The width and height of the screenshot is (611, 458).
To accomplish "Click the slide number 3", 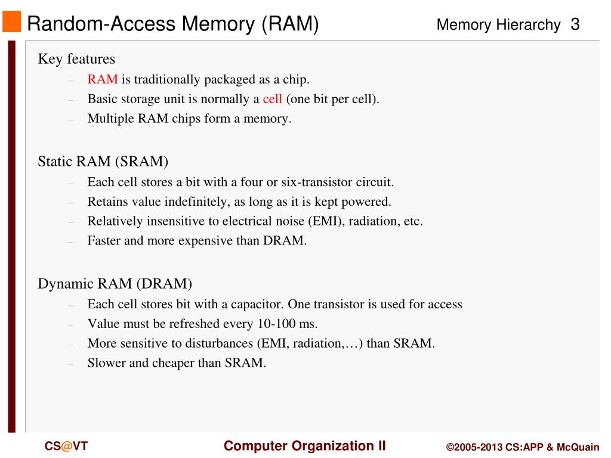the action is tap(575, 24).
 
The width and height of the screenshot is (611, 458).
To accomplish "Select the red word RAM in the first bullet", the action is tap(102, 79).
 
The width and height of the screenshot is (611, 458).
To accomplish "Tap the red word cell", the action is tap(272, 99).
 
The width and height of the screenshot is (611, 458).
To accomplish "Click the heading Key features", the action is tap(76, 59).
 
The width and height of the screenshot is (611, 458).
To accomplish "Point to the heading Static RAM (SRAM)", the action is tap(103, 162).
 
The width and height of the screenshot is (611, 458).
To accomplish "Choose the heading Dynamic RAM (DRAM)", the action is tap(115, 283).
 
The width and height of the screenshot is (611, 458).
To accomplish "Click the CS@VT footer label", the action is tap(66, 446).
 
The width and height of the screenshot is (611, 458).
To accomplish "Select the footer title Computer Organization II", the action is tap(305, 446).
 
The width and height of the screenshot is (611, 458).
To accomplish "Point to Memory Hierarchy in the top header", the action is tap(498, 25).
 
